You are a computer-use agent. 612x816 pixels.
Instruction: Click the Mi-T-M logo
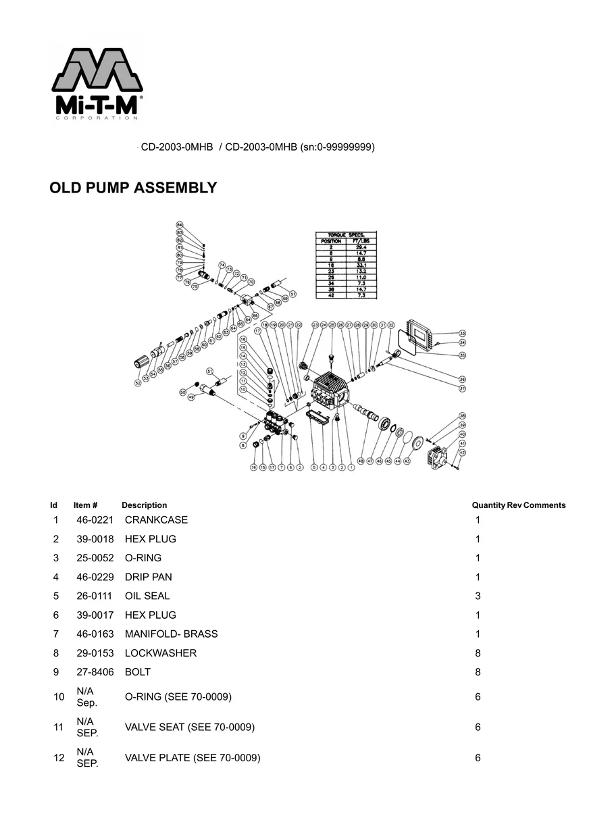click(x=97, y=83)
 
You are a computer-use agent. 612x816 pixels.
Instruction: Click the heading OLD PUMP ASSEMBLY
click(x=133, y=188)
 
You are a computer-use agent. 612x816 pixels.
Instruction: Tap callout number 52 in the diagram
click(x=138, y=382)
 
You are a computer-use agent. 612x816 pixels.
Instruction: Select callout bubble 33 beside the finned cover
click(x=462, y=334)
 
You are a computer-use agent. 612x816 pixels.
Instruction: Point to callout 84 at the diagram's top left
click(x=180, y=224)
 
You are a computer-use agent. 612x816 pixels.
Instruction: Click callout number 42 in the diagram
click(x=462, y=452)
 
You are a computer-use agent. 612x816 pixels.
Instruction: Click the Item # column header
click(x=86, y=505)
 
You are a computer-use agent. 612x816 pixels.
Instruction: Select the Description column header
click(x=144, y=505)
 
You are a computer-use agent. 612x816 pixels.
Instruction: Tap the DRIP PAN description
click(x=148, y=577)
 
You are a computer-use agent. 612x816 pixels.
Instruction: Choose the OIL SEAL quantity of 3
click(x=478, y=596)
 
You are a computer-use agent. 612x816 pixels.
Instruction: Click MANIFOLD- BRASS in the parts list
click(x=171, y=634)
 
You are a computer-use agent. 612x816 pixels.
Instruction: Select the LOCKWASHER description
click(x=161, y=653)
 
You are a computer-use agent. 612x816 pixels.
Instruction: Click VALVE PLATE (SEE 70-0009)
click(x=193, y=758)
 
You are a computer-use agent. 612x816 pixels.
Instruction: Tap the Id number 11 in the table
click(x=58, y=728)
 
